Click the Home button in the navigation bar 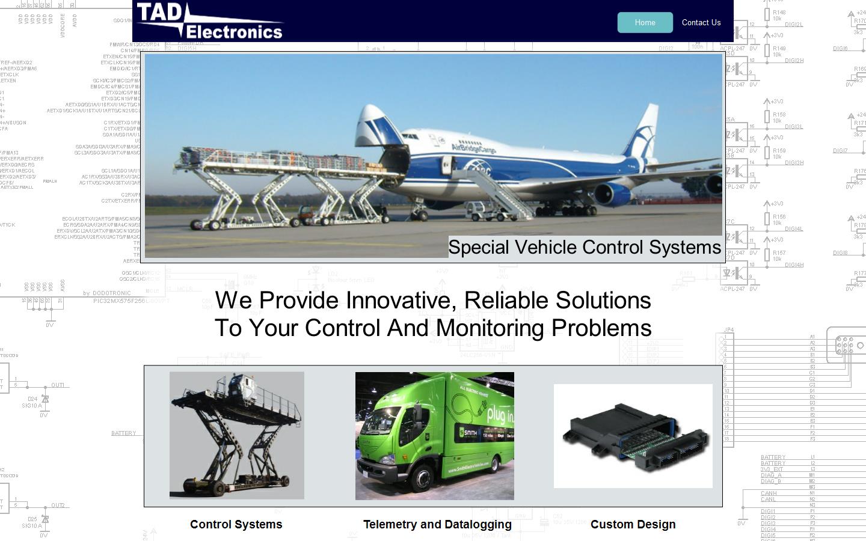[x=645, y=22]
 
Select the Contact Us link [x=701, y=22]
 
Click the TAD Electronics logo [x=209, y=21]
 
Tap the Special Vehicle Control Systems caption [x=584, y=247]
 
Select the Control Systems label [x=236, y=524]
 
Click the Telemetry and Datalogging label [x=437, y=524]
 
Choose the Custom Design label [x=633, y=524]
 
